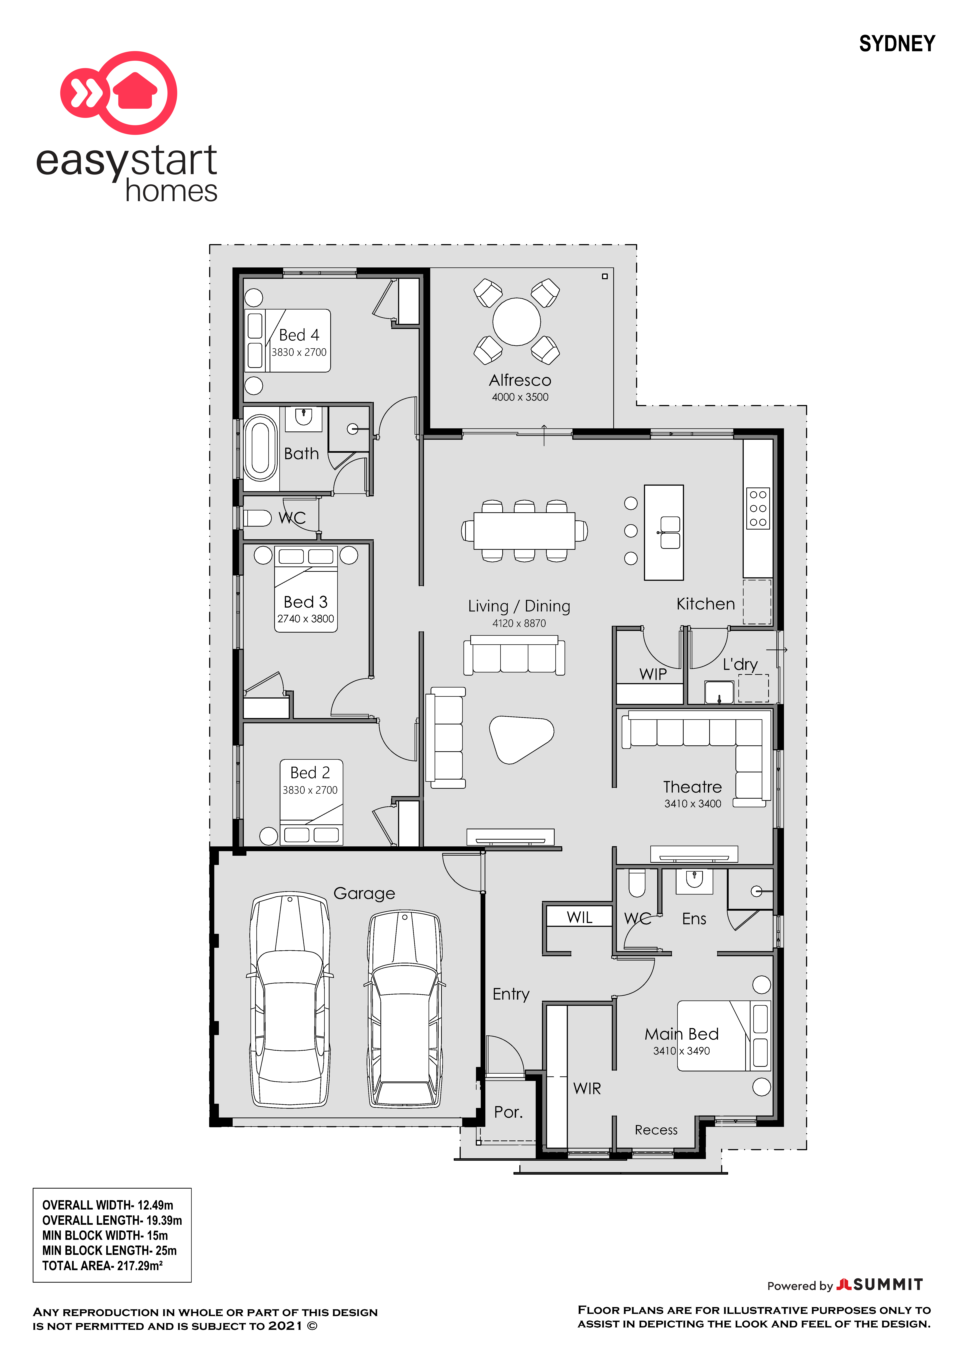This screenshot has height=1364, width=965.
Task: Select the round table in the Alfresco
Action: pos(516,321)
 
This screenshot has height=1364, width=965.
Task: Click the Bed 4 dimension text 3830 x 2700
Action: pos(299,352)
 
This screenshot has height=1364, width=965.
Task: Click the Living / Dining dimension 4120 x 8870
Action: pos(519,623)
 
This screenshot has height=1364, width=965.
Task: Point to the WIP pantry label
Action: pos(653,674)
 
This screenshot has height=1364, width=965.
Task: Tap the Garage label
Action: pos(364,893)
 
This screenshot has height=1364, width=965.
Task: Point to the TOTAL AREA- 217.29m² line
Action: pos(102,1265)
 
